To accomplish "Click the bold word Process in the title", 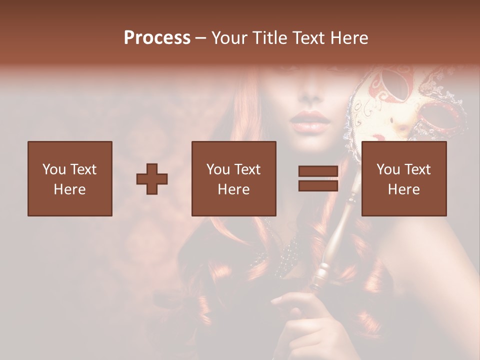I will click(x=157, y=38).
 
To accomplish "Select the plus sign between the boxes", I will click(x=152, y=179).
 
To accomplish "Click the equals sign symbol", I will click(x=318, y=178).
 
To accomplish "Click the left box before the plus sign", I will click(x=69, y=178).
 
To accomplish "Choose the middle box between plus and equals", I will click(x=233, y=178).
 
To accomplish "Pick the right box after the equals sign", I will click(x=403, y=178).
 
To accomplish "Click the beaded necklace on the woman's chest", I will click(x=285, y=255).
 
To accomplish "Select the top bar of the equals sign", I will click(x=318, y=171).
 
